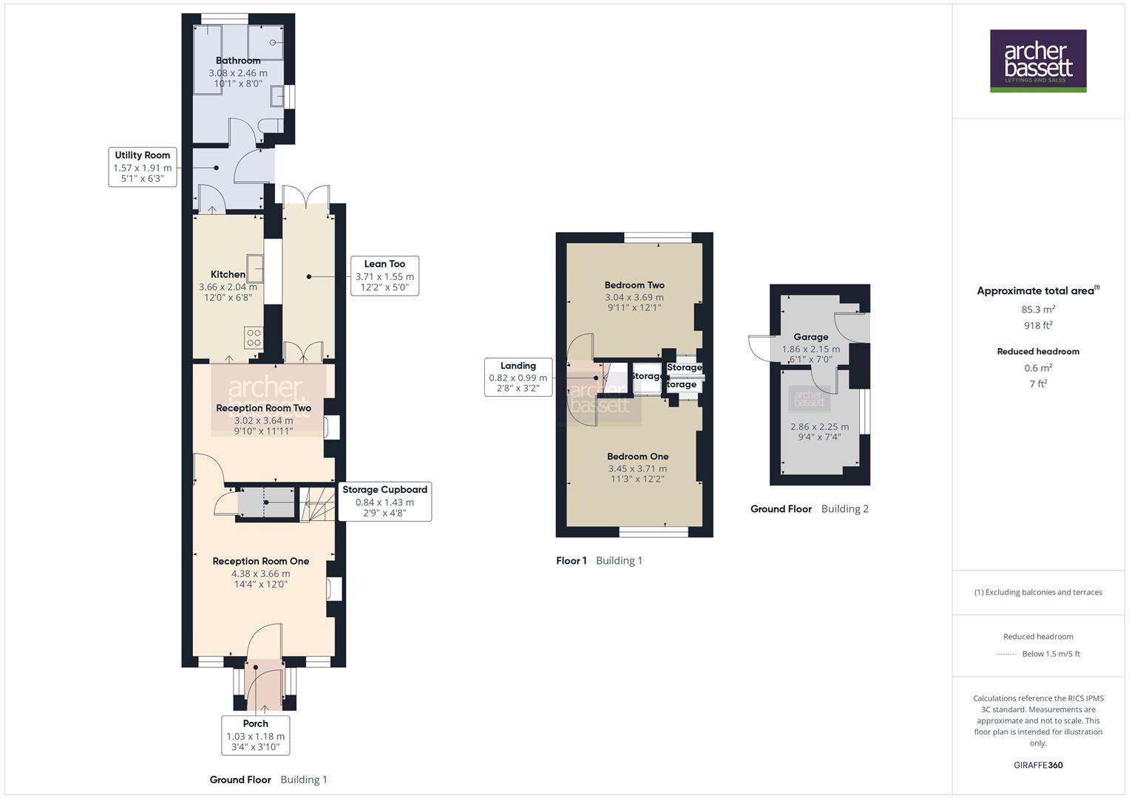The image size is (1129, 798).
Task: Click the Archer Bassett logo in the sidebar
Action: pos(1037,61)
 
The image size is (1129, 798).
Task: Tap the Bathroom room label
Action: pos(238,61)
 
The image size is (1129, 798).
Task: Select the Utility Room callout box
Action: pos(143,167)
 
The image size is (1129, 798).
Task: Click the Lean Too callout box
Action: pos(384,276)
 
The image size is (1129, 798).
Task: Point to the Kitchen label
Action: pos(228,274)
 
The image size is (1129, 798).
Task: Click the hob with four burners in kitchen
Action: pos(254,338)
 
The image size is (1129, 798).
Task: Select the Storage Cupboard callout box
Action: pos(384,501)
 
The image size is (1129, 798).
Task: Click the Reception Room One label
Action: pos(260,561)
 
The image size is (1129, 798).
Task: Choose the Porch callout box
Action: pos(256,734)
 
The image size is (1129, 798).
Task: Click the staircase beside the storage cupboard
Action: pos(316,504)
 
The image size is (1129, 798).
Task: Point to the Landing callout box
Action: pos(518,377)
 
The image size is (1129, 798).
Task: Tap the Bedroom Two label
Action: pos(634,285)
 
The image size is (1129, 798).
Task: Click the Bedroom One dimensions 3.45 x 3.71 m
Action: pos(637,468)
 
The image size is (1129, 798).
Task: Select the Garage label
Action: pos(810,337)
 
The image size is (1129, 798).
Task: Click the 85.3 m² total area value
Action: pos(1038,310)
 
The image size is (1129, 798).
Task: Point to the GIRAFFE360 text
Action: pos(1038,765)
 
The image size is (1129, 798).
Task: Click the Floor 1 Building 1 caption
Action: pos(599,561)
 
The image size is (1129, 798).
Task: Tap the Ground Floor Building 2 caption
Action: pos(809,509)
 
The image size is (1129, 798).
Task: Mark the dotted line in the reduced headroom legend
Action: pos(1006,654)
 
